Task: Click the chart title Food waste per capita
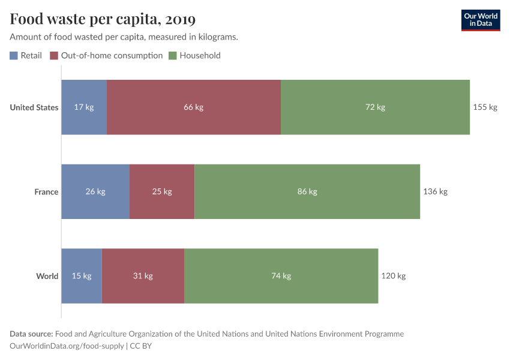coord(103,20)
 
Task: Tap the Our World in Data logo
coord(481,20)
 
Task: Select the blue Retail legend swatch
coord(14,56)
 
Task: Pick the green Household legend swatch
coord(172,56)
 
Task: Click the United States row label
coord(34,107)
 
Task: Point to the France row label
coord(46,192)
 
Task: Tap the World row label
coord(47,276)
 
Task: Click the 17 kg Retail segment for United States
coord(84,107)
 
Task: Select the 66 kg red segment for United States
coord(193,107)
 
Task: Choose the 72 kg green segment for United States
coord(375,107)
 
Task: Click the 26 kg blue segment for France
coord(95,192)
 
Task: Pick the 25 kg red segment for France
coord(162,192)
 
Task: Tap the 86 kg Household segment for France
coord(307,192)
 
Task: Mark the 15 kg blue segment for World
coord(82,276)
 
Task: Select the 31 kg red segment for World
coord(143,276)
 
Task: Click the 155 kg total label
coord(485,107)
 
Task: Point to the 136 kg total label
coord(436,192)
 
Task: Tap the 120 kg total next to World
coord(394,276)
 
